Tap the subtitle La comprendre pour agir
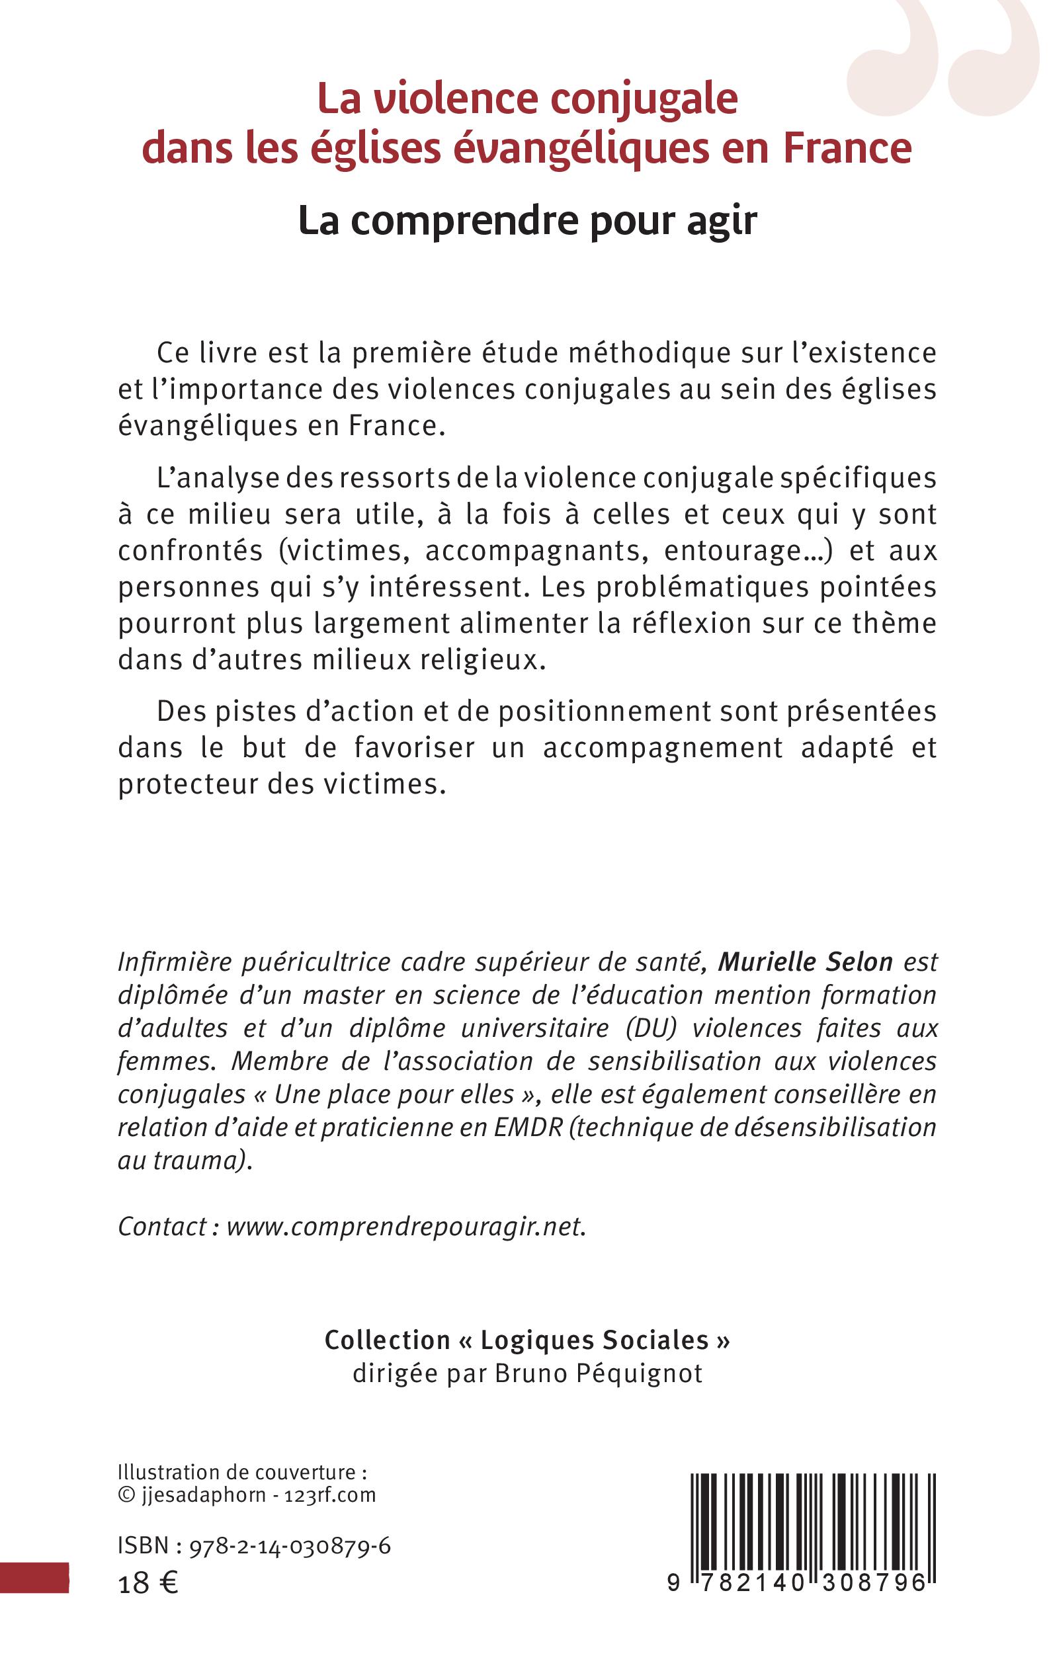coord(528,221)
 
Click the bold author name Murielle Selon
coord(805,962)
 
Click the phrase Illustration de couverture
coord(242,1472)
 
